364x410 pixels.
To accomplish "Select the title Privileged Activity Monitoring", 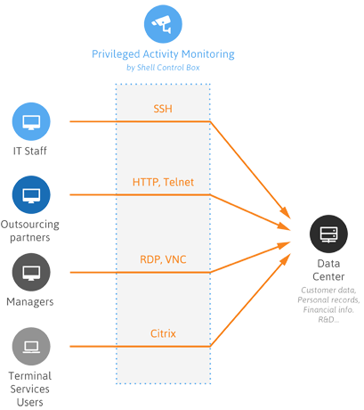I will [x=164, y=53].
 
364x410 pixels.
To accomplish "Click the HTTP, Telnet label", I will [x=164, y=183].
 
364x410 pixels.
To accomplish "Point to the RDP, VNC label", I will [x=164, y=260].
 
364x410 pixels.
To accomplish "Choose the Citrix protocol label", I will [x=164, y=334].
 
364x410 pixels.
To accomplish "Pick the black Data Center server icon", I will [x=328, y=235].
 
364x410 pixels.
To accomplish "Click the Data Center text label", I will [x=328, y=270].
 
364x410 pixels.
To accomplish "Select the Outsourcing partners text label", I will [x=31, y=230].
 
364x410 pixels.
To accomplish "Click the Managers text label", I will [x=31, y=302].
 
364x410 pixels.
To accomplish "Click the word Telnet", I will [x=178, y=183].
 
